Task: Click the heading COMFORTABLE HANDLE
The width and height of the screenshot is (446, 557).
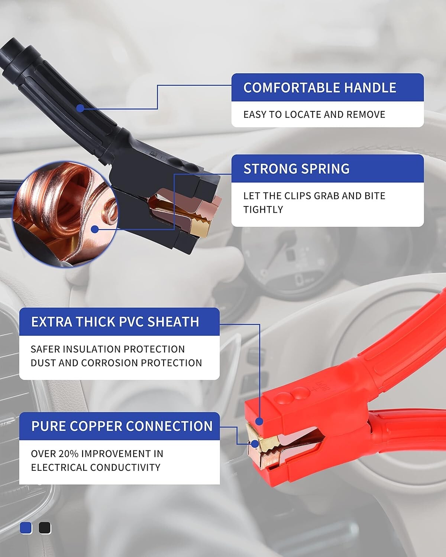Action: (x=320, y=88)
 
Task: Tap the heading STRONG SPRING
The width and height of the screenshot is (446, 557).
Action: (x=296, y=169)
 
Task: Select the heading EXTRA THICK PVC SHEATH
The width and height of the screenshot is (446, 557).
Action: (x=115, y=322)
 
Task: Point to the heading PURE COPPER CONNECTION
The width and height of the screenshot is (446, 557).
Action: (x=122, y=426)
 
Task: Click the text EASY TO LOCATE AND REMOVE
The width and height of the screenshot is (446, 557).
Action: (x=314, y=115)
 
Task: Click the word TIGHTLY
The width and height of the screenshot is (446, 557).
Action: (x=263, y=210)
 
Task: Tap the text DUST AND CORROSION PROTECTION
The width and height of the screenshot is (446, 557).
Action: (x=116, y=363)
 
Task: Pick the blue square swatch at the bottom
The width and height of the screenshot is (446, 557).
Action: (x=26, y=528)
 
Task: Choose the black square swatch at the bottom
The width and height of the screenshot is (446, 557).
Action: (x=45, y=528)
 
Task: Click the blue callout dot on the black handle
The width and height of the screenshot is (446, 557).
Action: (x=80, y=108)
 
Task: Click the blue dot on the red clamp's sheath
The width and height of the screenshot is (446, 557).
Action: (x=259, y=421)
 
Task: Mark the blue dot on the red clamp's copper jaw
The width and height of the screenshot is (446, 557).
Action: (x=255, y=444)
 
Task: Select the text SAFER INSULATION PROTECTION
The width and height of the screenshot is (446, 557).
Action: (x=107, y=349)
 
